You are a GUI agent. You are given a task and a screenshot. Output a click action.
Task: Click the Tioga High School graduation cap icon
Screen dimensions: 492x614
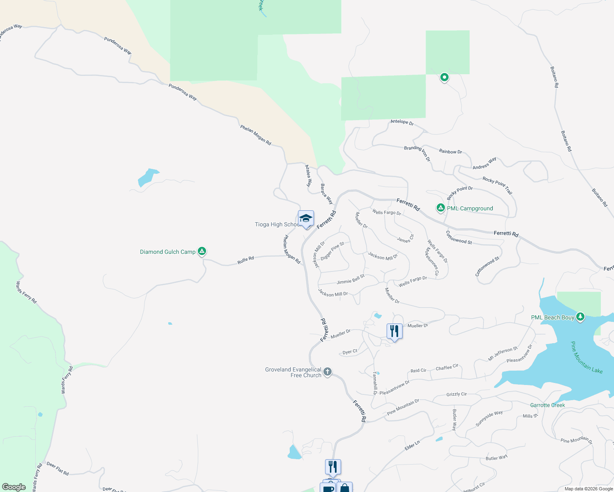tap(306, 218)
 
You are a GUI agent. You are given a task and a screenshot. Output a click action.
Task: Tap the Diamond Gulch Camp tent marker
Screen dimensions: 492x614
tap(202, 251)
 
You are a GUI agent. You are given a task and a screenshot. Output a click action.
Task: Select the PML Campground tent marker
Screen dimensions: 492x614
tap(440, 208)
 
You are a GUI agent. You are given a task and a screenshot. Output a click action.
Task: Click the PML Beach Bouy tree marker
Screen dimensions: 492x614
tap(580, 317)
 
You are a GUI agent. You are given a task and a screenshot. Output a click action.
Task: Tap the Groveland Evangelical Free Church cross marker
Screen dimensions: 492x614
tap(327, 372)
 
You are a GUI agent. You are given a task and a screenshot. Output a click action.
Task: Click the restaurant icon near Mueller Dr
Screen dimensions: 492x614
tap(394, 331)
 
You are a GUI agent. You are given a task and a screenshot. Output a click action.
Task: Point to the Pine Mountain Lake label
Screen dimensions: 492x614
tap(587, 358)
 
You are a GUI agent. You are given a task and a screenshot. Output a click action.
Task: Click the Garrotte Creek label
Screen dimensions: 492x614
tap(548, 405)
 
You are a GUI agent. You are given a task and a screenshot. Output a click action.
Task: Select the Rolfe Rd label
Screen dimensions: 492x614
tap(245, 260)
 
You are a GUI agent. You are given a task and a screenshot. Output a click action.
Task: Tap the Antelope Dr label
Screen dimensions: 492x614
tap(402, 122)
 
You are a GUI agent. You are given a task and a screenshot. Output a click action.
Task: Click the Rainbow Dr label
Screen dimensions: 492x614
tap(450, 151)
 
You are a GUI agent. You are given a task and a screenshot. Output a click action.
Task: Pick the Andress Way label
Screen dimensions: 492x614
tap(484, 163)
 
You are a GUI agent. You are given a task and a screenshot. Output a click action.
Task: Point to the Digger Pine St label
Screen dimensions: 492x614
tap(332, 251)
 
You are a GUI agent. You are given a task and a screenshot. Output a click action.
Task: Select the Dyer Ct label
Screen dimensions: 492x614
tap(350, 352)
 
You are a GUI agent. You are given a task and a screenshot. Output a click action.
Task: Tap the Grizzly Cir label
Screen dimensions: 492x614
tap(456, 394)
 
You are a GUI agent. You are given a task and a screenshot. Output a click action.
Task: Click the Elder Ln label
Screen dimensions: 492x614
tap(412, 445)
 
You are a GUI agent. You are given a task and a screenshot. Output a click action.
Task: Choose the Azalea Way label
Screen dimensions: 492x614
tap(308, 176)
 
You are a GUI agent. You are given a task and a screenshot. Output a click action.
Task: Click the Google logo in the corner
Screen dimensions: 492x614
tap(14, 487)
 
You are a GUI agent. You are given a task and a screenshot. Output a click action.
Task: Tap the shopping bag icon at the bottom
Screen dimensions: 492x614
tap(345, 488)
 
